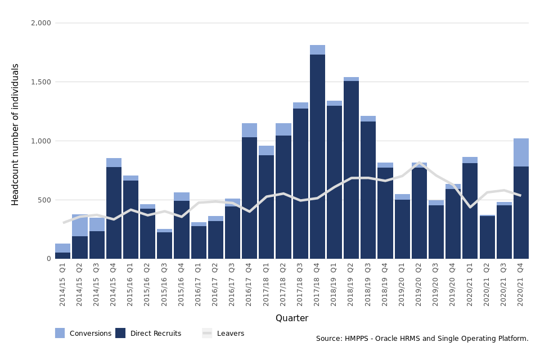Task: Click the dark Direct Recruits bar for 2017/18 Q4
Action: click(x=317, y=157)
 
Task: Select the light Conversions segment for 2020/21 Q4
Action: click(x=521, y=152)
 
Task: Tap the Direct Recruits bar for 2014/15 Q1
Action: click(x=62, y=255)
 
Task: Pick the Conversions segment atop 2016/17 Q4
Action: click(x=249, y=130)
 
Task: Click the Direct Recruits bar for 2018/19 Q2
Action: click(x=351, y=169)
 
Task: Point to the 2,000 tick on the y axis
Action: click(x=40, y=23)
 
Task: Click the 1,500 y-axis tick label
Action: click(x=40, y=82)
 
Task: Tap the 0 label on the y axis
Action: click(x=48, y=259)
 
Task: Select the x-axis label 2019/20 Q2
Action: click(x=418, y=285)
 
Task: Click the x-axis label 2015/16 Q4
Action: click(x=181, y=285)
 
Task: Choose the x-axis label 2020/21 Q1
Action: click(x=470, y=285)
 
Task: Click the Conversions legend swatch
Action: click(x=60, y=333)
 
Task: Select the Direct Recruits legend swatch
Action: click(x=120, y=333)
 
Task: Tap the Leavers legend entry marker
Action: click(x=207, y=333)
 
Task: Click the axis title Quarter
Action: click(x=291, y=318)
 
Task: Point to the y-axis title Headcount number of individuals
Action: click(x=16, y=134)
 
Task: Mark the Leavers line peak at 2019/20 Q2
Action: click(x=419, y=164)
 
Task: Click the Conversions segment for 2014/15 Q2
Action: click(x=79, y=226)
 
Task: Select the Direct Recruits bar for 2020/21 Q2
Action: click(x=487, y=237)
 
